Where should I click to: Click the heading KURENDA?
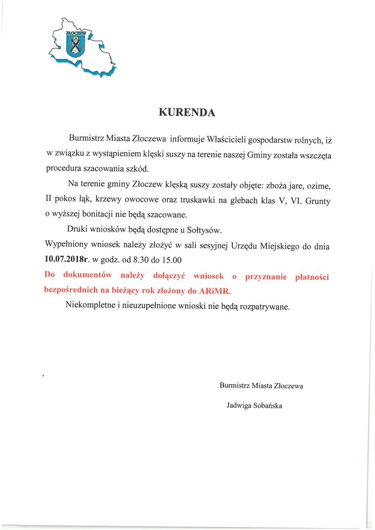[x=187, y=112]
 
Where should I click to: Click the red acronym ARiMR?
[x=214, y=291]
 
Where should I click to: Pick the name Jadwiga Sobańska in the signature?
[x=254, y=406]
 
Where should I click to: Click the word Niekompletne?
[x=90, y=307]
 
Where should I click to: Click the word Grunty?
[x=319, y=200]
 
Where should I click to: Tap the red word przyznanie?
[x=266, y=277]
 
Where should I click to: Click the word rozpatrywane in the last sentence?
[x=265, y=307]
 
